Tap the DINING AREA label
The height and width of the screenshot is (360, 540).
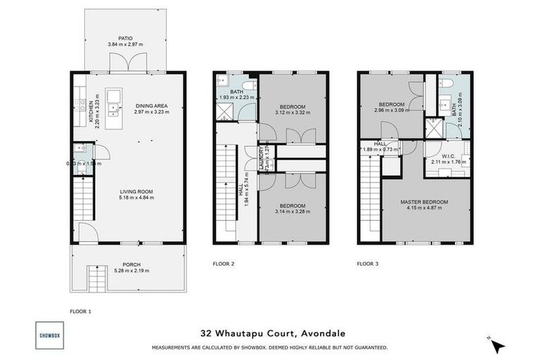click(x=152, y=105)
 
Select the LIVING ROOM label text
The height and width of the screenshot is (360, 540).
click(x=136, y=191)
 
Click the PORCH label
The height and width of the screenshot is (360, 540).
click(x=132, y=265)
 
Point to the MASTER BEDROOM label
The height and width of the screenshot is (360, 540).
click(x=424, y=202)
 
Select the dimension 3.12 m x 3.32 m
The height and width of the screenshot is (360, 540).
click(x=291, y=112)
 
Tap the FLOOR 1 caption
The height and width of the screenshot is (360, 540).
click(x=80, y=310)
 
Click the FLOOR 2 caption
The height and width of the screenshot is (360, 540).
click(x=223, y=264)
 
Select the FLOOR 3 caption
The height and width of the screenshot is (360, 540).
click(x=367, y=264)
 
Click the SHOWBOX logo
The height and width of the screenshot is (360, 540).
click(x=49, y=335)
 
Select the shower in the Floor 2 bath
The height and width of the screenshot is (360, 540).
click(x=226, y=111)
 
